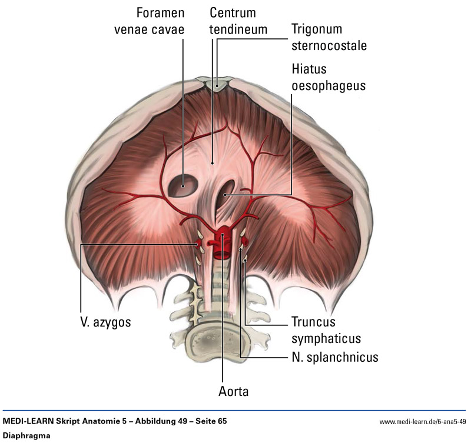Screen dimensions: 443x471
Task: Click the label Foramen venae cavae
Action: [x=148, y=21]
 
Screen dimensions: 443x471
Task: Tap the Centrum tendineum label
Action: [x=239, y=21]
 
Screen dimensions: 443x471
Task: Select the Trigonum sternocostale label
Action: [x=325, y=36]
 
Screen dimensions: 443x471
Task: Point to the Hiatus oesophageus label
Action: [x=328, y=77]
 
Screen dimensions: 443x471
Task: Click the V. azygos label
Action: [x=106, y=322]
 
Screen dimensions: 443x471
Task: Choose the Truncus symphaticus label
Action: [x=325, y=331]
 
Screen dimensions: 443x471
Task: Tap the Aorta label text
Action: [x=223, y=390]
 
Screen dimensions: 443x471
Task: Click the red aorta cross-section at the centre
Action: [x=223, y=242]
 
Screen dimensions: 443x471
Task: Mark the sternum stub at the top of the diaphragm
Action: [x=218, y=84]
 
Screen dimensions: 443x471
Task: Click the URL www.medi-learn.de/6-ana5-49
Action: [x=422, y=422]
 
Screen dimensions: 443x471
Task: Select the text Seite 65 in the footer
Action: [x=210, y=421]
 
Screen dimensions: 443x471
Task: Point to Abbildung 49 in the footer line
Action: [x=157, y=421]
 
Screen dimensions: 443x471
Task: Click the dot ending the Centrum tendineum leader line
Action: [x=213, y=162]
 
